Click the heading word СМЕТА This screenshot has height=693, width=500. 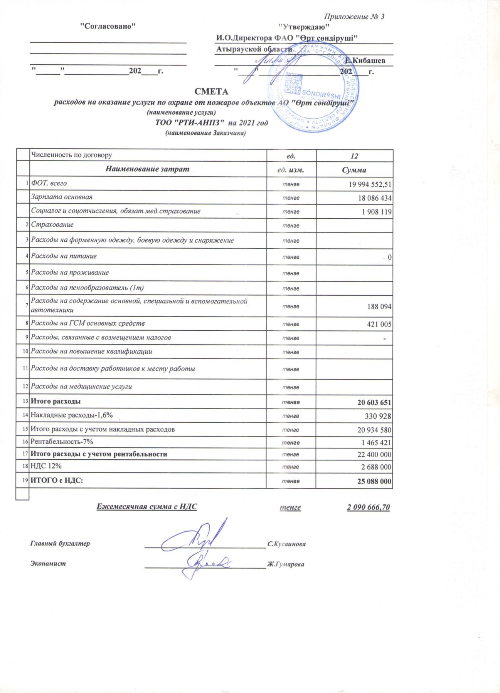pos(211,92)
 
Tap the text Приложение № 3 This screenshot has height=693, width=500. pos(354,17)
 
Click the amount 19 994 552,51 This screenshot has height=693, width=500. pos(370,184)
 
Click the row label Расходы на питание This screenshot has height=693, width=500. pos(64,256)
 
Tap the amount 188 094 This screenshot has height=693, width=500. pos(379,307)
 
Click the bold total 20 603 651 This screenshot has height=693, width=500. pos(374,403)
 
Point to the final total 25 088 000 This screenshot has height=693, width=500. pos(374,482)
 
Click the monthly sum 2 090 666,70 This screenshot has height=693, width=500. pos(368,507)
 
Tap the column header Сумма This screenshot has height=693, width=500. pos(354,170)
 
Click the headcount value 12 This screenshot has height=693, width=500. pos(354,156)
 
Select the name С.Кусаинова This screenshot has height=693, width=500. pos(286,544)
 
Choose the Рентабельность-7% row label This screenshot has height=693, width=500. pos(62,442)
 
